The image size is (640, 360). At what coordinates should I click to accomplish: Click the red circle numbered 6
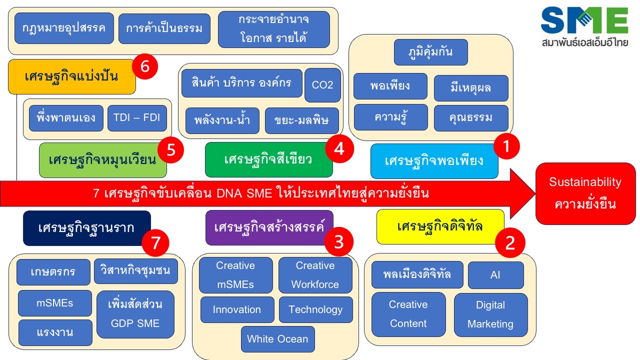[x=145, y=67]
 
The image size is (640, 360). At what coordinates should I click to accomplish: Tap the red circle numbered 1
[x=506, y=146]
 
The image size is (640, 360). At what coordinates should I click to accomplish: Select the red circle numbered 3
[x=339, y=241]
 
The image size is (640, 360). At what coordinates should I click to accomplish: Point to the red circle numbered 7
[x=155, y=243]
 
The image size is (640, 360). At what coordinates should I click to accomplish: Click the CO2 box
[x=322, y=85]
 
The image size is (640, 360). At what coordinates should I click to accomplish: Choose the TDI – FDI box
[x=137, y=118]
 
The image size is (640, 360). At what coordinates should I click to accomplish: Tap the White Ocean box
[x=277, y=339]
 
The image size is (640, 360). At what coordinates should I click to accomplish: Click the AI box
[x=495, y=275]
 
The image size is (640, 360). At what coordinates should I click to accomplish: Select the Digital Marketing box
[x=490, y=314]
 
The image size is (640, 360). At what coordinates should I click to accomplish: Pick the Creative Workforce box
[x=315, y=275]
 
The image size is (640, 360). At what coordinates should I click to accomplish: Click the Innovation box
[x=237, y=309]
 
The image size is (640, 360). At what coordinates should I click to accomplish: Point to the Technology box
[x=315, y=309]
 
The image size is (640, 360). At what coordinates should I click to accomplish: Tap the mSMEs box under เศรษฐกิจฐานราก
[x=55, y=303]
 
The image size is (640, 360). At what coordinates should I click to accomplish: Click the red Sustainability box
[x=585, y=193]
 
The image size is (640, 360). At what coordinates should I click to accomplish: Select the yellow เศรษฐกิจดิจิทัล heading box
[x=440, y=226]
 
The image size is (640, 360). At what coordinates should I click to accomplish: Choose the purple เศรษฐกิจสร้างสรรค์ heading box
[x=269, y=227]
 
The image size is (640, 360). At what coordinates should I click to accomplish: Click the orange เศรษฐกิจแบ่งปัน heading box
[x=71, y=76]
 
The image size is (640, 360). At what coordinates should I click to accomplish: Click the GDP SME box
[x=135, y=314]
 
